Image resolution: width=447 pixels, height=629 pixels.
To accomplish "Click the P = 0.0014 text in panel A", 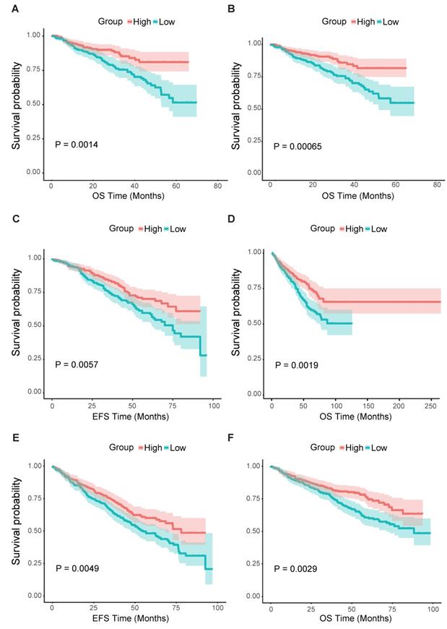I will [77, 145].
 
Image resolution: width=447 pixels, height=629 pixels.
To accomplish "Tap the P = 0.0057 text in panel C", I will [77, 364].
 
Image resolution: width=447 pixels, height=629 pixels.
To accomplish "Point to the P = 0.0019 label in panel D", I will [298, 366].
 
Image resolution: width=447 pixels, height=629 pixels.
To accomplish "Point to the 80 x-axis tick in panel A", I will [218, 186].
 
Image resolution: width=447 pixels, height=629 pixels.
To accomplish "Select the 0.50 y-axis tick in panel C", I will [33, 325].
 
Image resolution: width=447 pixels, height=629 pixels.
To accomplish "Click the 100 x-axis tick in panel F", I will [432, 608].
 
